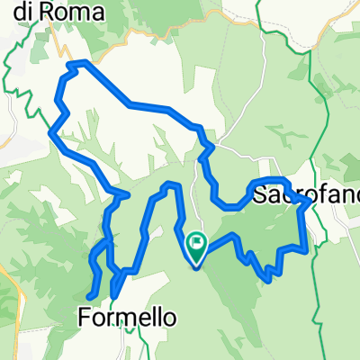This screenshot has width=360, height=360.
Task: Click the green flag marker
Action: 196,243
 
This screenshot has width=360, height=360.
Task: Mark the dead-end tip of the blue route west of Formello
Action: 88,296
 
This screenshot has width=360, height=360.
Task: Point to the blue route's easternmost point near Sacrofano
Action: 313,204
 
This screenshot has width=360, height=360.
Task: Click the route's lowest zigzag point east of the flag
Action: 269,279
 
